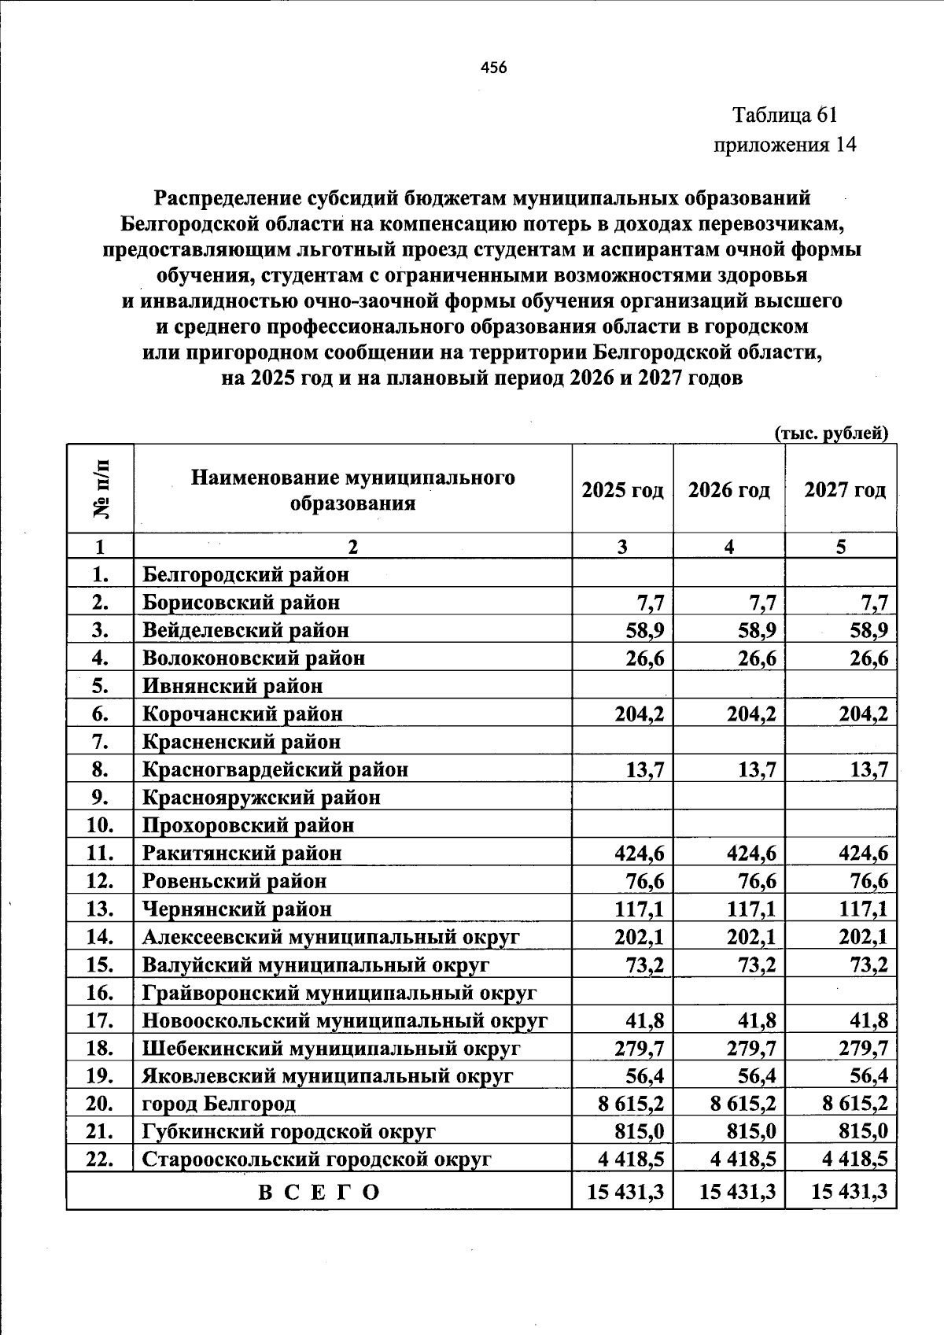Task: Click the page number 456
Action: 494,68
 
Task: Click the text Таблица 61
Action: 785,115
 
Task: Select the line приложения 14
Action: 784,145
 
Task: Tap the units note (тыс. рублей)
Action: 832,433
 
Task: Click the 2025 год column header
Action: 622,490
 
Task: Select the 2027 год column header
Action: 845,490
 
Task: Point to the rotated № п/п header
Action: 101,489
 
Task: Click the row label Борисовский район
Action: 242,603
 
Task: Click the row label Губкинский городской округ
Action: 289,1132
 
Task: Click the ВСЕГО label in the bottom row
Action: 319,1192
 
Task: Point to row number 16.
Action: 101,993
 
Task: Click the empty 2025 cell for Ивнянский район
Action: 622,686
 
